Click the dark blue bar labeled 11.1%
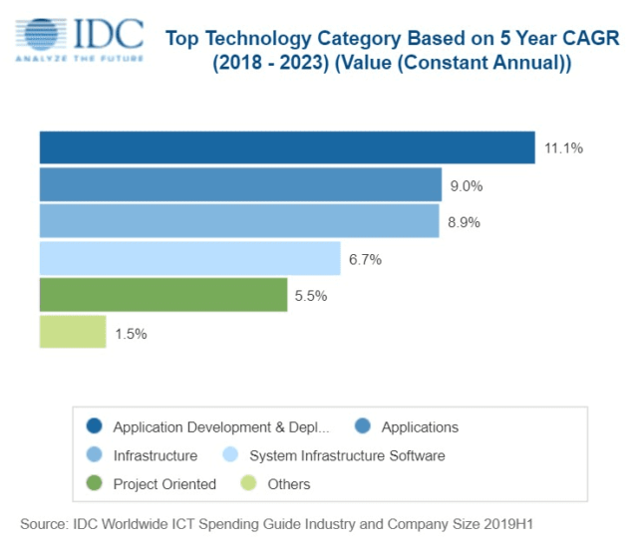287,147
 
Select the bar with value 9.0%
240,184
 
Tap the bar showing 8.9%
239,221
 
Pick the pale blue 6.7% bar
189,258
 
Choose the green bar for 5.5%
163,295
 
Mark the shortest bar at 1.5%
73,332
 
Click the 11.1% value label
563,148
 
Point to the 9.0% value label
467,185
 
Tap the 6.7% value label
366,259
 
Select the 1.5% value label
131,334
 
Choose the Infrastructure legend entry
155,455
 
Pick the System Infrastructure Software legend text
346,455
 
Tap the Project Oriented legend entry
163,484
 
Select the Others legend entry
288,484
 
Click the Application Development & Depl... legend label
220,427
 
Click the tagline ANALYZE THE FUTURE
78,59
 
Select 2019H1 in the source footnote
522,522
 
